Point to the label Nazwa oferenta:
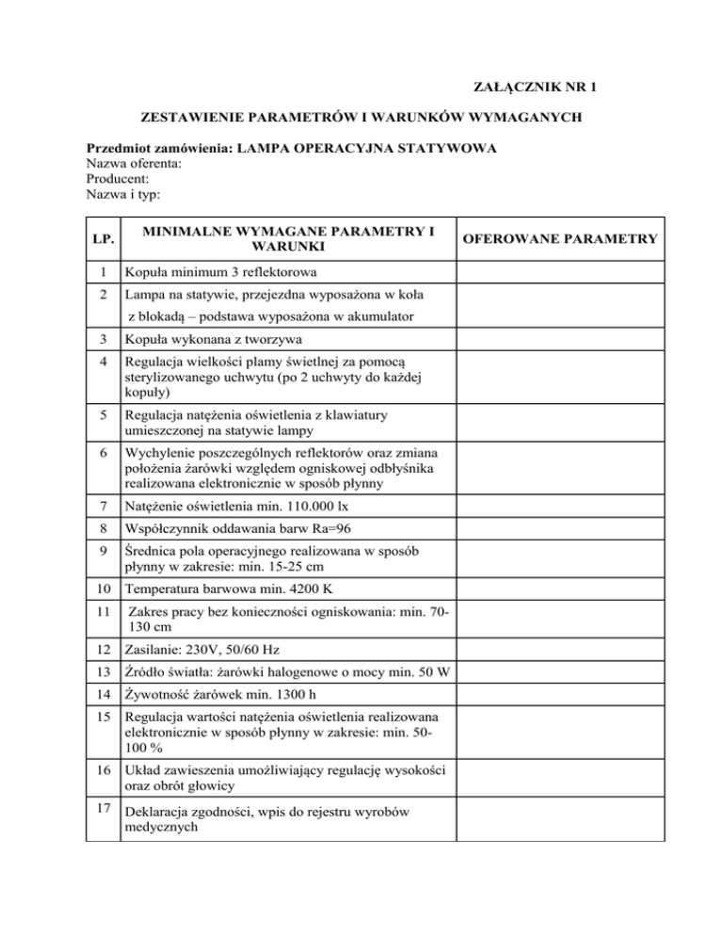pyautogui.click(x=134, y=164)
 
